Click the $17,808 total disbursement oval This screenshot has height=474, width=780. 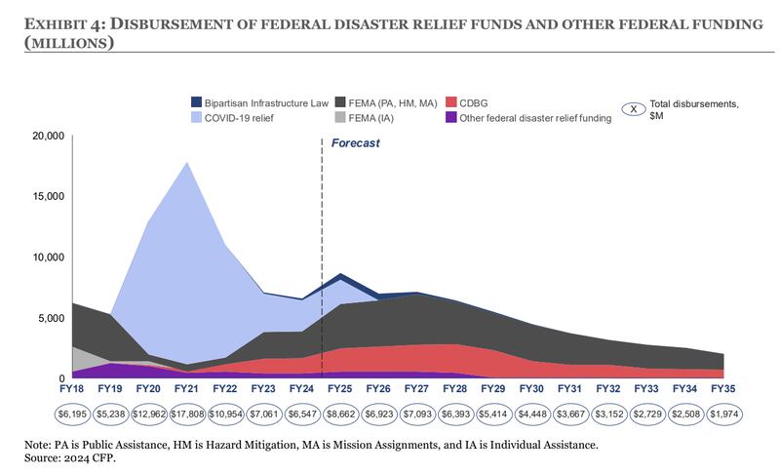[187, 414]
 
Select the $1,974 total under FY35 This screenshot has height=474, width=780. [723, 414]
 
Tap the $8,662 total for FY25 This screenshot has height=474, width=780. [340, 414]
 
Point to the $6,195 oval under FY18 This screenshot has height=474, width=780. [72, 414]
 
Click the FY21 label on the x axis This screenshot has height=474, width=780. [186, 388]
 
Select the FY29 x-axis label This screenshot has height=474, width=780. [493, 388]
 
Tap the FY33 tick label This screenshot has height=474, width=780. [646, 388]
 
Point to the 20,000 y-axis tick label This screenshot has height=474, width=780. [49, 136]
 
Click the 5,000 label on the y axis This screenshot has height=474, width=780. [52, 318]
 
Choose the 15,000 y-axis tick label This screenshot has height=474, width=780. [49, 196]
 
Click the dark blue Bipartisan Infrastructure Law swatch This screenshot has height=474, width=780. [197, 102]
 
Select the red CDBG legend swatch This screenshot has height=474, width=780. [451, 102]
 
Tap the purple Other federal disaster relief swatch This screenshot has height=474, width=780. [451, 117]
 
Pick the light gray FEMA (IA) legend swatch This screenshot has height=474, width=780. [340, 117]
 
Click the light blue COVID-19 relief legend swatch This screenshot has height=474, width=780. [197, 117]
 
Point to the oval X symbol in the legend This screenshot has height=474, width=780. [634, 109]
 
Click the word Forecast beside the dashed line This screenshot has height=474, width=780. [355, 143]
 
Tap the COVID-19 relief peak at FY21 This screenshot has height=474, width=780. [187, 162]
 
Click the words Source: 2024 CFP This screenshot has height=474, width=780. [69, 457]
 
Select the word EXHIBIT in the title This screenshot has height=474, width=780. [58, 23]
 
